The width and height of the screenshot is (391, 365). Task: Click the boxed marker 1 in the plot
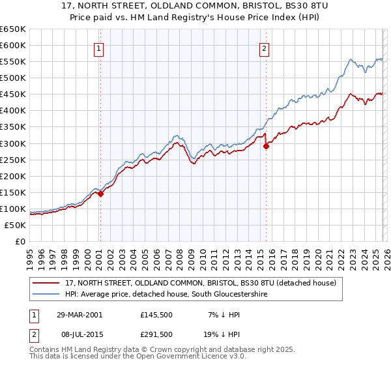(x=98, y=48)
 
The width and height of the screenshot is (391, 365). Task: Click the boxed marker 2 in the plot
(x=265, y=48)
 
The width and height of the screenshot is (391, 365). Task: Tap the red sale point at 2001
(x=101, y=194)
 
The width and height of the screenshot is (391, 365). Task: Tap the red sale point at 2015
(x=266, y=146)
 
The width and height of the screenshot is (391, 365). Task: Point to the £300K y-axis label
(x=13, y=143)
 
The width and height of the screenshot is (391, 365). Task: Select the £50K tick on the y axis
(x=16, y=225)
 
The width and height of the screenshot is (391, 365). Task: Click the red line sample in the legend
(x=46, y=284)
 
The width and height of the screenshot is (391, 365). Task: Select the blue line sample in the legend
(x=46, y=295)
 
